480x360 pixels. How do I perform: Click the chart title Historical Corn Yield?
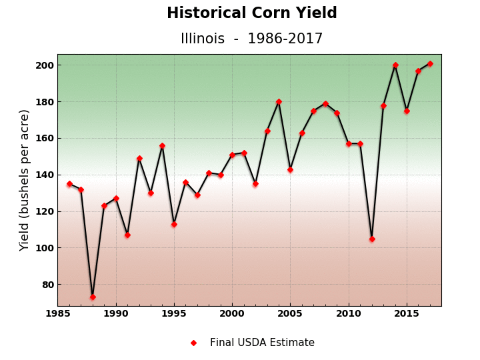(x=251, y=13)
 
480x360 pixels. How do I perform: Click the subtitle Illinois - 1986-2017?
(x=251, y=39)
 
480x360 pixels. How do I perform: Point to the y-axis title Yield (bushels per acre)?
(x=25, y=180)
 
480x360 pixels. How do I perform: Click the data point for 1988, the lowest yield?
(x=93, y=297)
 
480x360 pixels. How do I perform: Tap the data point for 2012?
(x=372, y=239)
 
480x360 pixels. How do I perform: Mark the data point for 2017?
(x=430, y=63)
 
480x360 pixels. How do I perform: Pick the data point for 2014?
(x=395, y=65)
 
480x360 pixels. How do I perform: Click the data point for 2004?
(x=279, y=102)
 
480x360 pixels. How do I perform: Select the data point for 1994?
(x=162, y=145)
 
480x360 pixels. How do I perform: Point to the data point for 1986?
(x=69, y=184)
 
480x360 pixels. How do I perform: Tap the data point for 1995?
(x=174, y=224)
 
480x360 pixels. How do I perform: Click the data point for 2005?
(x=290, y=169)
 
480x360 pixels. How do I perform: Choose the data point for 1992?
(x=139, y=159)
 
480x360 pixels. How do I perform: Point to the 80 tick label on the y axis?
(x=48, y=285)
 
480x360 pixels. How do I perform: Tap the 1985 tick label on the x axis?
(x=58, y=313)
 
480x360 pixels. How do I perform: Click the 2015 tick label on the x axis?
(x=407, y=313)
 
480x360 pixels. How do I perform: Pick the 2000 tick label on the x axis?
(x=232, y=313)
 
